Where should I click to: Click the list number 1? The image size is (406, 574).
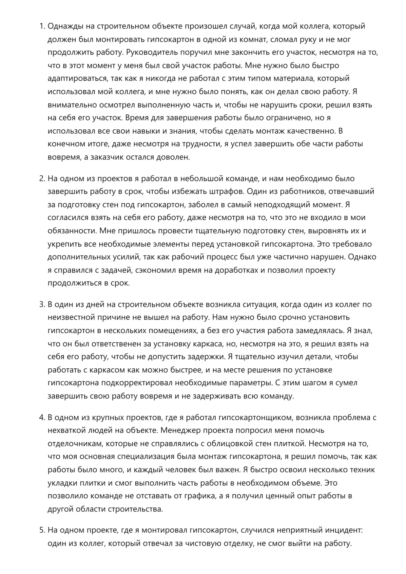tap(42, 26)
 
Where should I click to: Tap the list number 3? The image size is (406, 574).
tap(42, 305)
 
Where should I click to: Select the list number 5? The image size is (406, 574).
tap(42, 530)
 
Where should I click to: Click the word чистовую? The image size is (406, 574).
tap(201, 544)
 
